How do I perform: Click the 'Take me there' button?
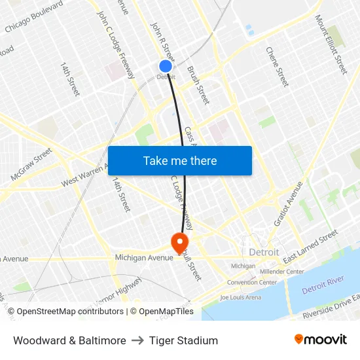tap(180, 160)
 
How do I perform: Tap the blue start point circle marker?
tap(165, 66)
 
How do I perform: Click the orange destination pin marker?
tap(179, 243)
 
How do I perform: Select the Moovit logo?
tap(320, 340)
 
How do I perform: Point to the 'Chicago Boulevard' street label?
tap(33, 17)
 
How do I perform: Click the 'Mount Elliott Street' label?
tap(331, 45)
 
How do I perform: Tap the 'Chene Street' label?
tap(277, 66)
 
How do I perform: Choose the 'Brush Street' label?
tap(198, 85)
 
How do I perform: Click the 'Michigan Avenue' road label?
tap(143, 258)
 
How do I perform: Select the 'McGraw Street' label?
tap(31, 164)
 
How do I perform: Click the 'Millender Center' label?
tap(281, 271)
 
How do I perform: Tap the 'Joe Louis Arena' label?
tap(240, 297)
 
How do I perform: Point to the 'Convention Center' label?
tap(252, 283)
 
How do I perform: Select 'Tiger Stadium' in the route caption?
tap(183, 340)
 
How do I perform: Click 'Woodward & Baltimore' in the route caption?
tap(69, 340)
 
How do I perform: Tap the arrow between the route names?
tap(137, 340)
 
